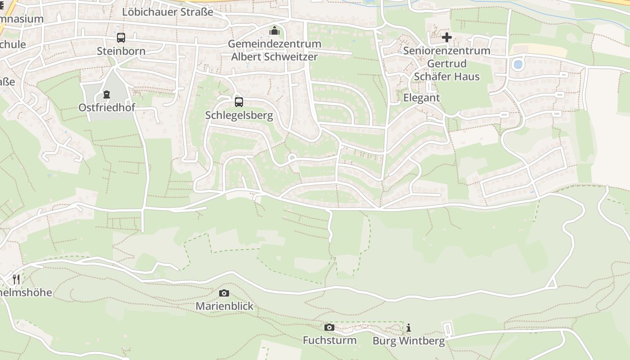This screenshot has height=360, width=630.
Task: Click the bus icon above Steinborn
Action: (121, 38)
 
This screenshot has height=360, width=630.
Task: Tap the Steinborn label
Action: (121, 51)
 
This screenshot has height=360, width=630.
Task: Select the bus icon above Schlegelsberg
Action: (239, 102)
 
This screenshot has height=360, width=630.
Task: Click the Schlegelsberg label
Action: (239, 115)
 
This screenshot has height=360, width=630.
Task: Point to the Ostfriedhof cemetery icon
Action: (107, 94)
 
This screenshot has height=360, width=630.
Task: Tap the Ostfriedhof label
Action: (107, 108)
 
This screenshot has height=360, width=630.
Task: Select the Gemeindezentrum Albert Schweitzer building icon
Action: (274, 31)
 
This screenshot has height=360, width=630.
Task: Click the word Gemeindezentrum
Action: (274, 44)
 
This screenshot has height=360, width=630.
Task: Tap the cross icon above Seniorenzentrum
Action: (446, 37)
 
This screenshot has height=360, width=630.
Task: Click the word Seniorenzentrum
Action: (446, 50)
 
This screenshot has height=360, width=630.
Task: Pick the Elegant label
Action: (421, 98)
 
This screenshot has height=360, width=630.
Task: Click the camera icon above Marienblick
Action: (224, 293)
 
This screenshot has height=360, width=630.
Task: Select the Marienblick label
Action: (224, 306)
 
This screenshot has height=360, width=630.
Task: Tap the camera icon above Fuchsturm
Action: (329, 327)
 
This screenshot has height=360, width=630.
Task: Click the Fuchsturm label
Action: (329, 340)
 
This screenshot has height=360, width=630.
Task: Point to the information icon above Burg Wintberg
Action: (408, 328)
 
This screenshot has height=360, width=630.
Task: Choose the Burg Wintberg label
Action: (408, 341)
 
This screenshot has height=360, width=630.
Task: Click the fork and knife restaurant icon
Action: (16, 279)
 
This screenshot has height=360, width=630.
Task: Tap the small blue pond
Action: (518, 64)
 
